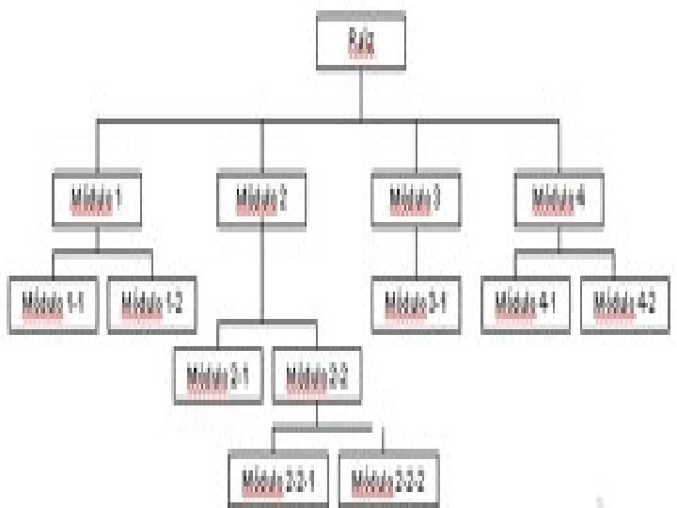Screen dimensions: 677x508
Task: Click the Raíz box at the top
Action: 361,42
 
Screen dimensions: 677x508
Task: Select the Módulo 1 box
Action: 97,198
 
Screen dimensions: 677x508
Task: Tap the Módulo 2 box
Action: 262,198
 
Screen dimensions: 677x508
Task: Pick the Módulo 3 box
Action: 416,198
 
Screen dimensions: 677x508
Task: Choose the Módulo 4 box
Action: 559,198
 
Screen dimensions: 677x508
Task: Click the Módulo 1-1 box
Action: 53,303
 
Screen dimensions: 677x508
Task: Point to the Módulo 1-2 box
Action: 151,303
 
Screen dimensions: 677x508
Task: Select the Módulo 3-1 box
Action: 416,303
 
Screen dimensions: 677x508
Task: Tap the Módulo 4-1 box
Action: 527,303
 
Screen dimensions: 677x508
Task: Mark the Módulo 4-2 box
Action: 625,303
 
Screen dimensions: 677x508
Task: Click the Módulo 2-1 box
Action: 218,376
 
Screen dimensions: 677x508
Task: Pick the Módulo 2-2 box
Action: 317,376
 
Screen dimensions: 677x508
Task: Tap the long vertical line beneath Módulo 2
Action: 262,273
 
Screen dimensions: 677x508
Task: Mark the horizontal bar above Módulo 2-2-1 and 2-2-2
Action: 328,429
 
